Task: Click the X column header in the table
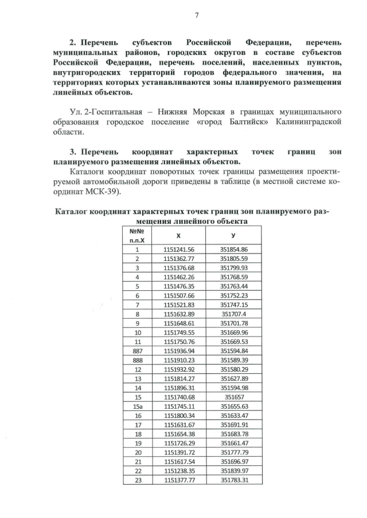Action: (x=179, y=235)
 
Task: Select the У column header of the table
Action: (x=233, y=235)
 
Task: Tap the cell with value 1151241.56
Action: (x=179, y=250)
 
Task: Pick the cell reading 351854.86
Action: (x=233, y=250)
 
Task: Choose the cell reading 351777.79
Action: (x=233, y=451)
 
